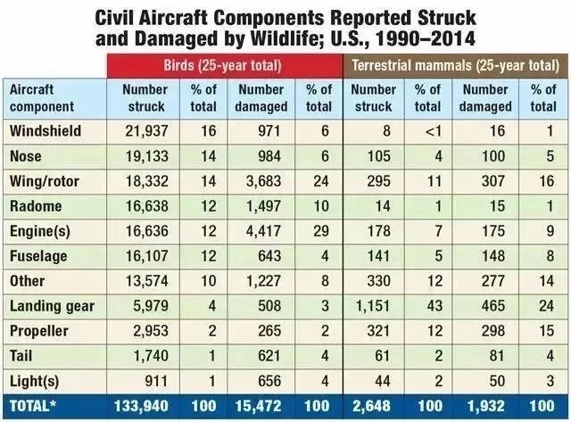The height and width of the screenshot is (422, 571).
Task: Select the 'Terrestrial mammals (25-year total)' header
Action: click(x=457, y=64)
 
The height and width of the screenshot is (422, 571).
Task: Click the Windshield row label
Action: click(x=46, y=130)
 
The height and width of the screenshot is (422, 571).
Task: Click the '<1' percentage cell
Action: click(x=427, y=130)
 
